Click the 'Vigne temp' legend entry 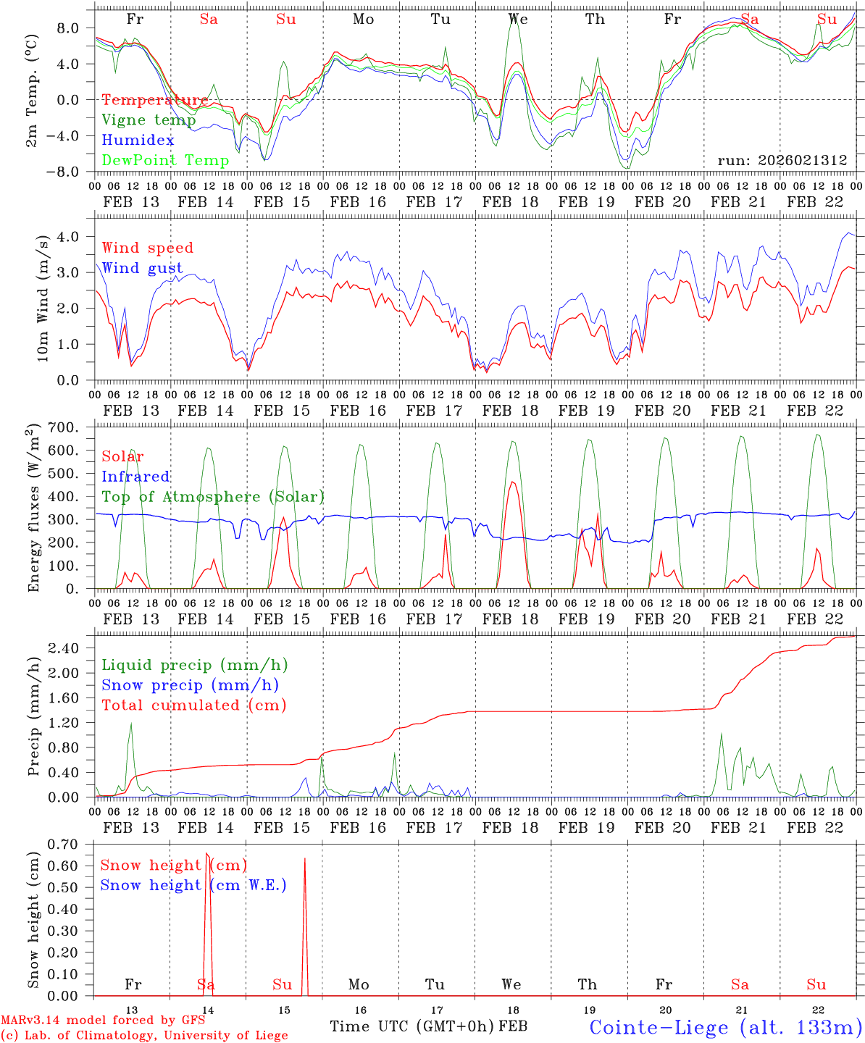(x=149, y=120)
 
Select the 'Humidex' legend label (x=138, y=141)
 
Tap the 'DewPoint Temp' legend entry (x=165, y=161)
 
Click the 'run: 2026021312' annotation (x=782, y=161)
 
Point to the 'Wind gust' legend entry (x=142, y=268)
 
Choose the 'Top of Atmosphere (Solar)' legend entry (x=213, y=497)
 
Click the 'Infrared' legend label (x=135, y=477)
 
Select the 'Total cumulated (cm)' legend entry (x=194, y=705)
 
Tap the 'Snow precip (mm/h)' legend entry (x=191, y=685)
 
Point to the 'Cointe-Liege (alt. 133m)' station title (x=725, y=1026)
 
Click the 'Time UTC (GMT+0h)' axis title (x=412, y=1026)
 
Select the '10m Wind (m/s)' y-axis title (x=42, y=298)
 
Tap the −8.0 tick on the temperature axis (x=74, y=172)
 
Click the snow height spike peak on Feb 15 (x=304, y=859)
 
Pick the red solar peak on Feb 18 (x=512, y=482)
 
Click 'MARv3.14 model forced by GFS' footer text (x=103, y=1021)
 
